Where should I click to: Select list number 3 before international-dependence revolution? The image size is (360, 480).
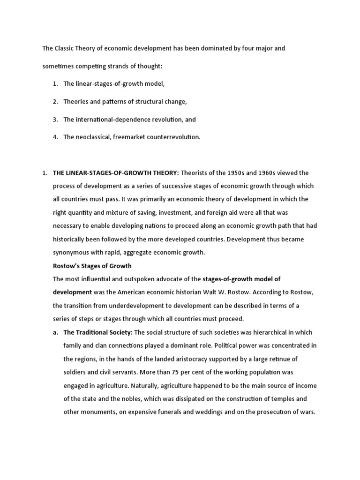pyautogui.click(x=55, y=120)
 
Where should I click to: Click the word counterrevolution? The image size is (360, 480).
pyautogui.click(x=173, y=137)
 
